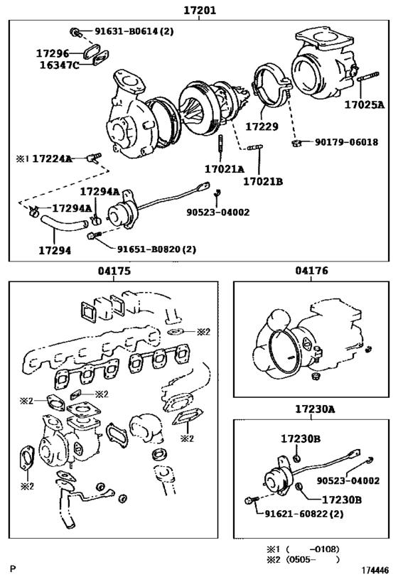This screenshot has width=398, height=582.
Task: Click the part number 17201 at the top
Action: pyautogui.click(x=200, y=11)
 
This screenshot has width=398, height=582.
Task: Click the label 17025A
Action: pyautogui.click(x=364, y=104)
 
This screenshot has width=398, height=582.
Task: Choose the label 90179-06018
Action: pyautogui.click(x=346, y=142)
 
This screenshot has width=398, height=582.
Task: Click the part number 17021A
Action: pyautogui.click(x=224, y=169)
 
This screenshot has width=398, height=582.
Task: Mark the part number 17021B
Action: pyautogui.click(x=263, y=181)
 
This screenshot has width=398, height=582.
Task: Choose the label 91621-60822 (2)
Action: pyautogui.click(x=308, y=514)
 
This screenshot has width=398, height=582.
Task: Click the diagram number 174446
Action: pyautogui.click(x=374, y=570)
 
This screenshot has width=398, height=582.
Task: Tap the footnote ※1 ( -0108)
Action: pyautogui.click(x=302, y=548)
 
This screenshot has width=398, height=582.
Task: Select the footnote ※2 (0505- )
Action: pyautogui.click(x=302, y=559)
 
